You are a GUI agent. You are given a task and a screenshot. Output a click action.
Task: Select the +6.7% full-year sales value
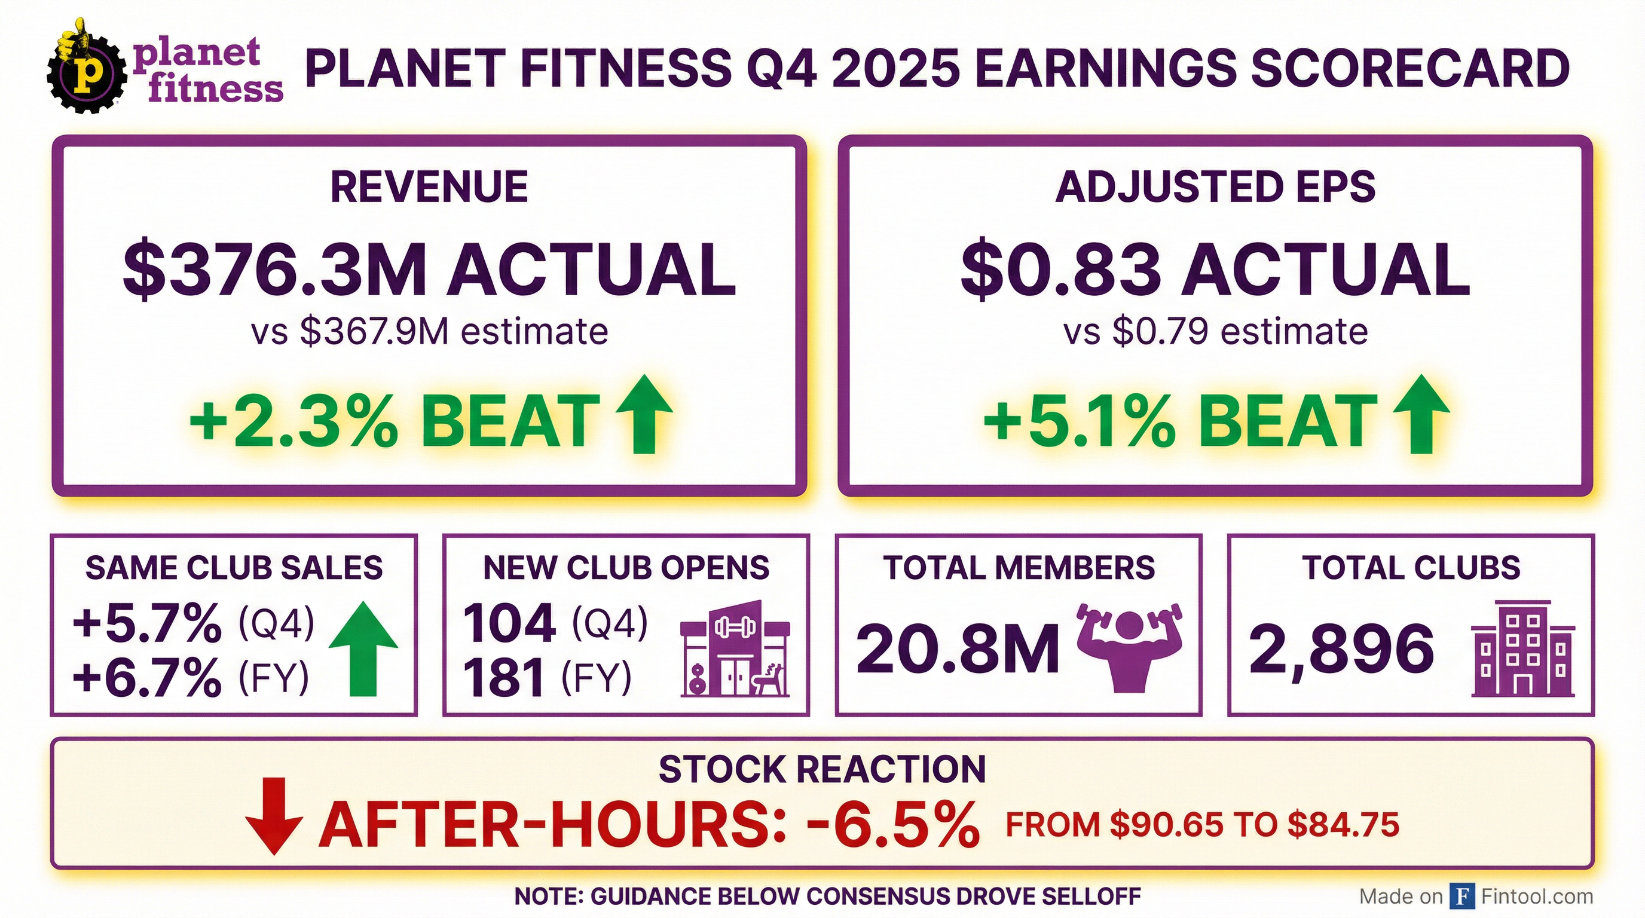point(148,678)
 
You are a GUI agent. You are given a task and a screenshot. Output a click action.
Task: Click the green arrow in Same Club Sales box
point(363,648)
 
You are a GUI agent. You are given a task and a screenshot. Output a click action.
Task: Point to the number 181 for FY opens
point(504,678)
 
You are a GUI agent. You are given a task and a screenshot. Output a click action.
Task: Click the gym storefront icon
point(735,649)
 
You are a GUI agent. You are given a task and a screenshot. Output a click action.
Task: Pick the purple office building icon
point(1522,649)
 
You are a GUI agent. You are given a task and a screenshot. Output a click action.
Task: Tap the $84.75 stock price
point(1343,825)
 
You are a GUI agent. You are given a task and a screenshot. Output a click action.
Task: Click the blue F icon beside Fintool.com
point(1461,896)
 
